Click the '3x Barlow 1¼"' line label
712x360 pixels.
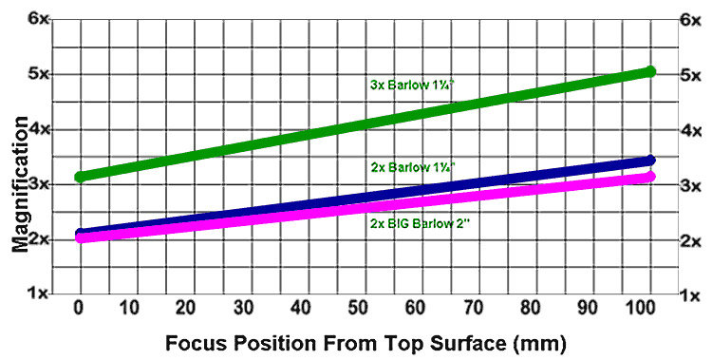pyautogui.click(x=411, y=84)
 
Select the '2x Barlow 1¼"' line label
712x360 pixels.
pyautogui.click(x=413, y=166)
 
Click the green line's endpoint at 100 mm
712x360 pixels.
pyautogui.click(x=650, y=71)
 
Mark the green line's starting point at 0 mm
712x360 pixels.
pyautogui.click(x=81, y=177)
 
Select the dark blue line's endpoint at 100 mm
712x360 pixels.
pyautogui.click(x=650, y=161)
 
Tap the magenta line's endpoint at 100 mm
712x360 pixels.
pyautogui.click(x=650, y=177)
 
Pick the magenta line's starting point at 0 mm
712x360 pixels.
pyautogui.click(x=81, y=237)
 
